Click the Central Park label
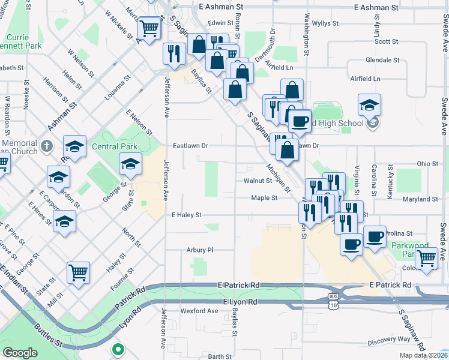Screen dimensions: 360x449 pos(115,146)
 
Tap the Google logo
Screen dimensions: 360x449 pos(20,353)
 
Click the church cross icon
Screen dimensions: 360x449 pos(47,145)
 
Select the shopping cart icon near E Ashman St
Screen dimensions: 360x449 pos(149,27)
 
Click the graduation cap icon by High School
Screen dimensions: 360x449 pos(369,105)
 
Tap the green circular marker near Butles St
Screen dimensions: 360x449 pos(118,349)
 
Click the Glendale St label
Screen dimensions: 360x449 pos(382,60)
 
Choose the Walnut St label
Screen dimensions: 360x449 pos(258,180)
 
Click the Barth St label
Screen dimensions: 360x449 pos(220,356)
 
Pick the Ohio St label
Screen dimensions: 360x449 pos(428,163)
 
